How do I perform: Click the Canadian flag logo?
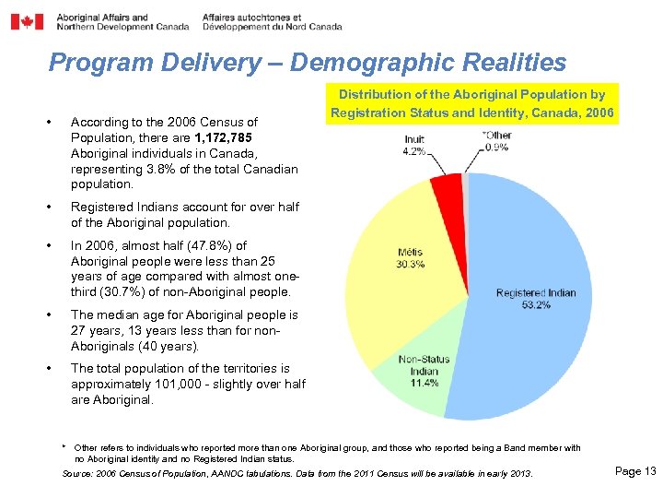(27, 21)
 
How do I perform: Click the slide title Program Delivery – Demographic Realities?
(307, 62)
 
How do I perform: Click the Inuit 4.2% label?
(413, 146)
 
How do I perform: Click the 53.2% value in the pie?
(535, 305)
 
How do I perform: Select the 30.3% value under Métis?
(411, 264)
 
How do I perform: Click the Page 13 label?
(634, 471)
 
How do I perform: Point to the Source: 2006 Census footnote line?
(297, 473)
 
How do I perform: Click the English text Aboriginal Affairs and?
(101, 17)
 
